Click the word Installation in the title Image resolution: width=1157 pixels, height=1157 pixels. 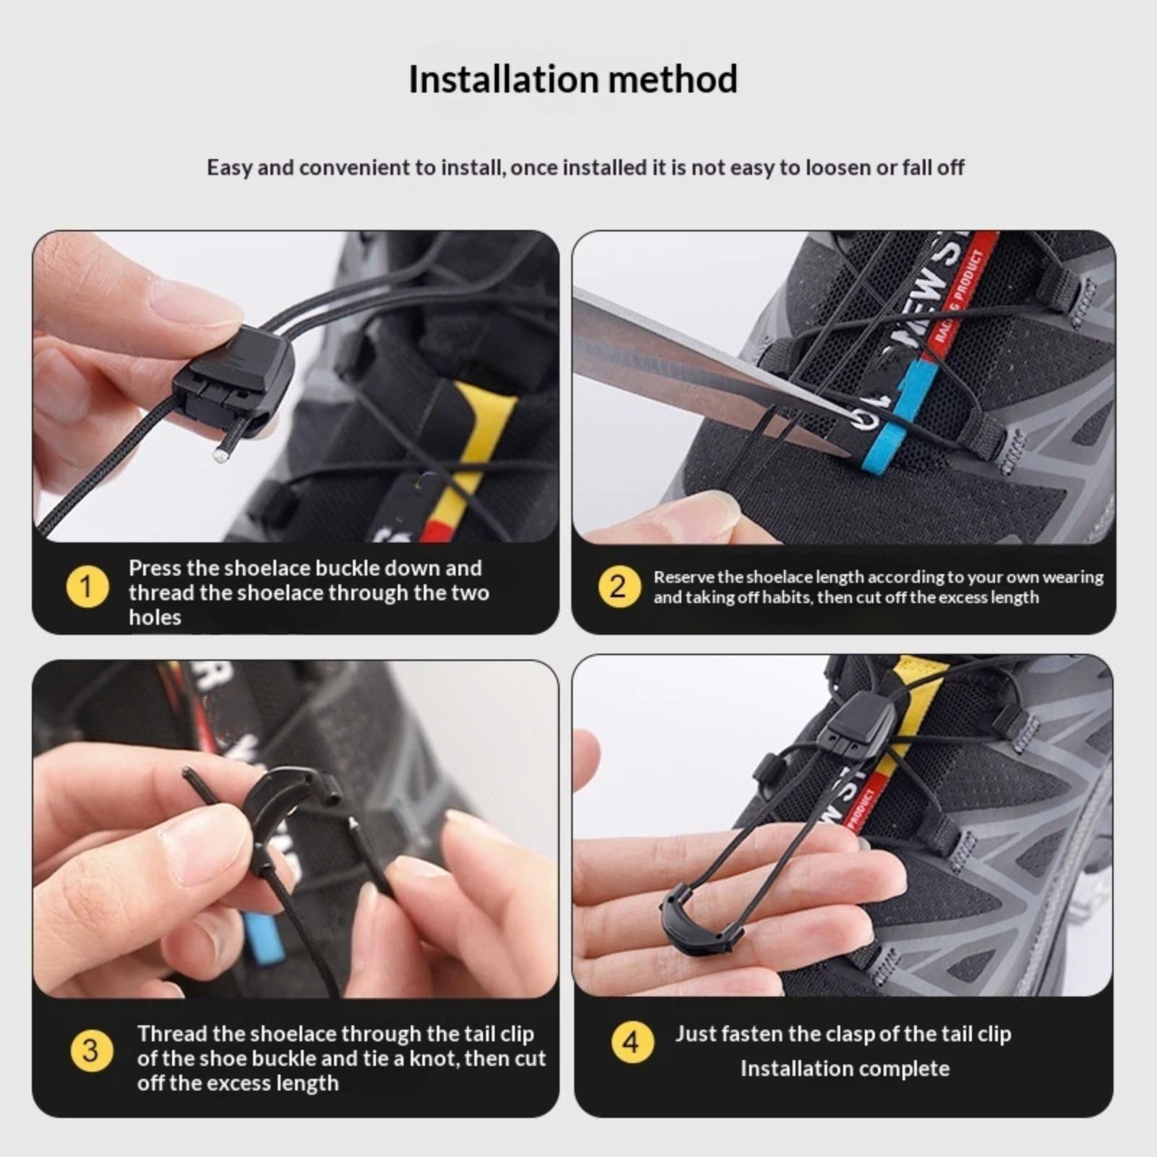pos(501,79)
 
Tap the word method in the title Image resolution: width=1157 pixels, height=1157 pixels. pos(673,79)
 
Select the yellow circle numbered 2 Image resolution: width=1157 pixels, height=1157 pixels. pos(618,586)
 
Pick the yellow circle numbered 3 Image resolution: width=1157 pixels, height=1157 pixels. pos(91,1051)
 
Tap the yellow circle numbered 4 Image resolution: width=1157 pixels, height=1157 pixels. pos(632,1043)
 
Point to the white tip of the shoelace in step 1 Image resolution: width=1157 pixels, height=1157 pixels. pos(219,455)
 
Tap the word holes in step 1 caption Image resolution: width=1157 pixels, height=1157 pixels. pos(155,617)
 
